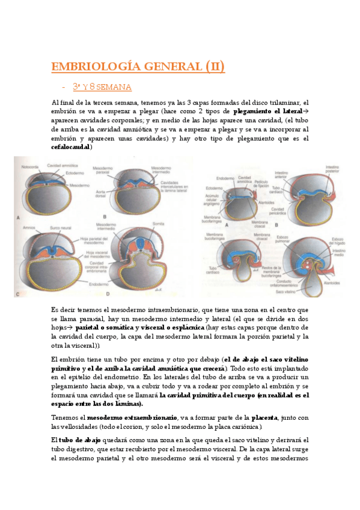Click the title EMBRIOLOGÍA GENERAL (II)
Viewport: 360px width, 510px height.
[x=138, y=66]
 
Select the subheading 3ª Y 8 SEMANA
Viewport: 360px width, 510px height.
[x=102, y=87]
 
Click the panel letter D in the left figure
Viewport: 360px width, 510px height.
[x=107, y=293]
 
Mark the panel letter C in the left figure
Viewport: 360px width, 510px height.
[x=18, y=293]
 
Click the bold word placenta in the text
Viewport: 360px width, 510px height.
[x=263, y=417]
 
